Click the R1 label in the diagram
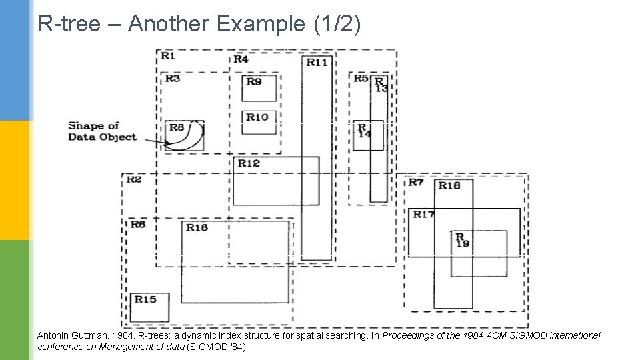[167, 56]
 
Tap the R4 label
[241, 59]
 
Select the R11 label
[317, 62]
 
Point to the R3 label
[173, 79]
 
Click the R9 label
[254, 81]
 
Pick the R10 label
[257, 117]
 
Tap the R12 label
[249, 163]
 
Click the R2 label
[133, 179]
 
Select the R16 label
[197, 227]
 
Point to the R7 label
[415, 182]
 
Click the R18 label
[449, 185]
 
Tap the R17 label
[423, 215]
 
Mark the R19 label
[461, 240]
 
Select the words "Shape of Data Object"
[102, 131]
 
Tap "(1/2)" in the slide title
[337, 25]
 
